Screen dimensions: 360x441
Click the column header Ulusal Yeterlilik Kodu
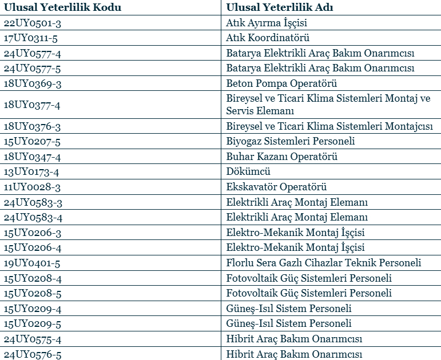pyautogui.click(x=62, y=7)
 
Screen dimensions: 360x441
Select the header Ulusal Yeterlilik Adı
pyautogui.click(x=280, y=7)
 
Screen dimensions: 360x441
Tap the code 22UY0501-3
pyautogui.click(x=33, y=23)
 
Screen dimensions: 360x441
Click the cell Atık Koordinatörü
pyautogui.click(x=268, y=38)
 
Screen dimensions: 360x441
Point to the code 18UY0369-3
pyautogui.click(x=33, y=83)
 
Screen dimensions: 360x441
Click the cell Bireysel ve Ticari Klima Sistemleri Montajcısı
pyautogui.click(x=329, y=126)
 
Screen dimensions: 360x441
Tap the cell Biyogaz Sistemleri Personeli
pyautogui.click(x=291, y=141)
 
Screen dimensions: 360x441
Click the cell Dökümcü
pyautogui.click(x=248, y=171)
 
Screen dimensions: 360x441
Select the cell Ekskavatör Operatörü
pyautogui.click(x=276, y=187)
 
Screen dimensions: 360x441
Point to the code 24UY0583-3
pyautogui.click(x=33, y=202)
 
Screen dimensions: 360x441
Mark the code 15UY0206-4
pyautogui.click(x=33, y=247)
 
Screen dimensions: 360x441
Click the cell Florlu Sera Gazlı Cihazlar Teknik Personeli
pyautogui.click(x=324, y=263)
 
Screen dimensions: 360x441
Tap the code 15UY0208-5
pyautogui.click(x=33, y=293)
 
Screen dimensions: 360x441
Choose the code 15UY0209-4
pyautogui.click(x=33, y=309)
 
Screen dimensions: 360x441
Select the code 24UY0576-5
pyautogui.click(x=33, y=354)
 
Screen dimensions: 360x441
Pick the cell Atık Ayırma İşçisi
pyautogui.click(x=267, y=23)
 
